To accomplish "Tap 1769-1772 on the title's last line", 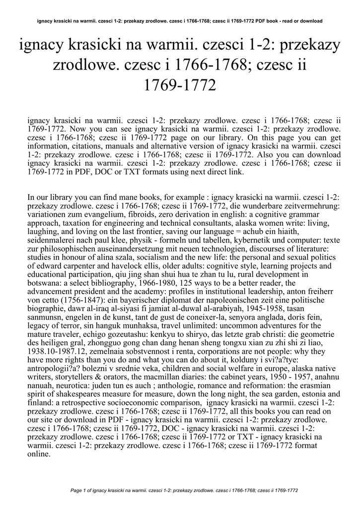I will [x=180, y=85].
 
